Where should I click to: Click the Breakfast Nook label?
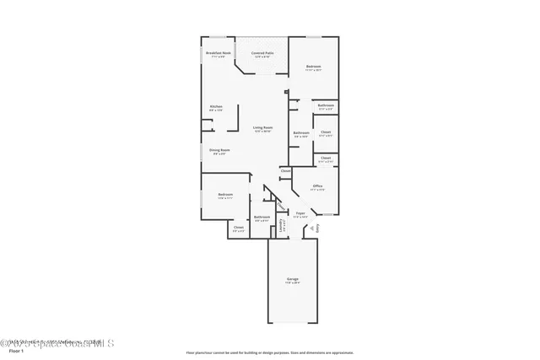[x=219, y=54]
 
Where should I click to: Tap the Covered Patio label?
[x=262, y=54]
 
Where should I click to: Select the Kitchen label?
[x=216, y=108]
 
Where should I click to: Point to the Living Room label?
[x=262, y=128]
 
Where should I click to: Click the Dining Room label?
[x=219, y=151]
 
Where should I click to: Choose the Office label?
[x=317, y=187]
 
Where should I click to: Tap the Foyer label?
[x=300, y=214]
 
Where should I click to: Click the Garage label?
[x=292, y=281]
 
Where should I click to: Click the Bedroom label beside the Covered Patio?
[x=313, y=67]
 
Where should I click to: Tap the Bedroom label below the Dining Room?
[x=224, y=196]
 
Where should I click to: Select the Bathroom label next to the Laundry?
[x=262, y=218]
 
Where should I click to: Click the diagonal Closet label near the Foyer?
[x=279, y=203]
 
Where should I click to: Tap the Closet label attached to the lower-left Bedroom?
[x=238, y=228]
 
